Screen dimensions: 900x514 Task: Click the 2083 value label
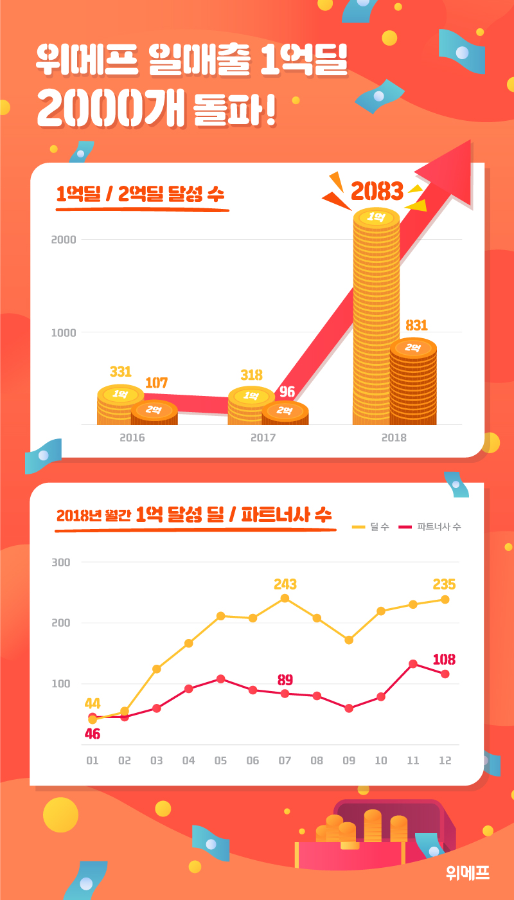pos(377,191)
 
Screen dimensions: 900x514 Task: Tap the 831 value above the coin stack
pos(416,325)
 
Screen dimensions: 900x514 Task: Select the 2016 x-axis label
pos(132,438)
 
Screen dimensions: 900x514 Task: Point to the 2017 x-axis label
pos(263,438)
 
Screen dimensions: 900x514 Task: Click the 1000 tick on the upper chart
pos(64,332)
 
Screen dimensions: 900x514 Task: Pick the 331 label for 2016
pos(120,372)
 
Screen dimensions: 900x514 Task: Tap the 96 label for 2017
pos(287,392)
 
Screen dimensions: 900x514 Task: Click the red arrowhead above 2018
pos(450,174)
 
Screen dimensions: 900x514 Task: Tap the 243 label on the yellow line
pos(285,584)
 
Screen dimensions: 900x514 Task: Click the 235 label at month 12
pos(444,584)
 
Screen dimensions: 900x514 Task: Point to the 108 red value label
pos(444,659)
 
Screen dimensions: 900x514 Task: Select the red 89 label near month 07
pos(285,679)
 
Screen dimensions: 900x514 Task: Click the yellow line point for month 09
pos(349,640)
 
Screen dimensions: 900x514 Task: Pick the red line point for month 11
pos(413,663)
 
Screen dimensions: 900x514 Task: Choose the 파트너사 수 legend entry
pos(430,527)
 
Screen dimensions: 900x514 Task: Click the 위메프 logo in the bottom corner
pos(468,872)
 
